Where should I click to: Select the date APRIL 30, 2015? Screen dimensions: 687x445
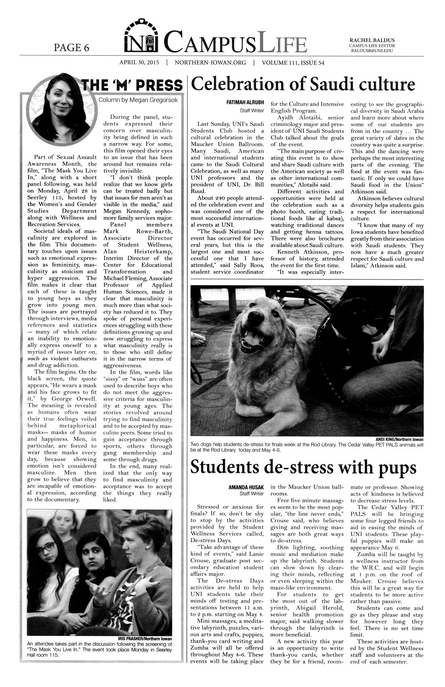[x=139, y=63]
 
